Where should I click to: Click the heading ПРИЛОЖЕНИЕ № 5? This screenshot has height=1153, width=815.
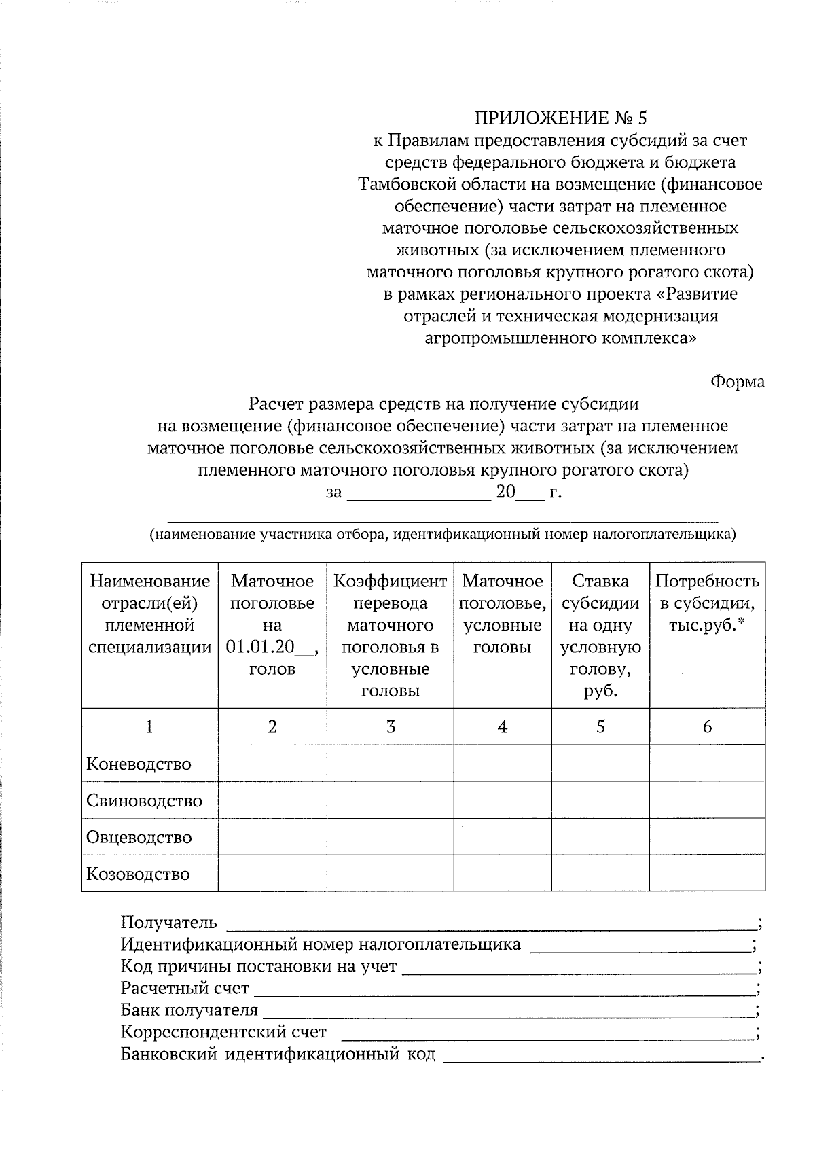click(x=560, y=118)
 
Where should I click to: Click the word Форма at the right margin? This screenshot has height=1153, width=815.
click(x=738, y=382)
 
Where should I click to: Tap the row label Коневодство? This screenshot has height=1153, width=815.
click(x=139, y=764)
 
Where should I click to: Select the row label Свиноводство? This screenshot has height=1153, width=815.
click(x=144, y=800)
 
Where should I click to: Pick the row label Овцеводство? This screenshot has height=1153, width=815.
click(x=139, y=837)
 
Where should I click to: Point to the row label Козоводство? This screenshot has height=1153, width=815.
click(x=138, y=874)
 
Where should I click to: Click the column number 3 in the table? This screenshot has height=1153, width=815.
click(x=391, y=727)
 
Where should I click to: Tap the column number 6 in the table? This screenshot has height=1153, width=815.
click(x=707, y=727)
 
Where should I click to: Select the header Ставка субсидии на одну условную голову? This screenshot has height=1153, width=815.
click(x=600, y=636)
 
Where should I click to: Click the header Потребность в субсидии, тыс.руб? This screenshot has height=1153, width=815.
click(x=707, y=603)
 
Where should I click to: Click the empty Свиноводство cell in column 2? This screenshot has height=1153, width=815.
click(x=272, y=800)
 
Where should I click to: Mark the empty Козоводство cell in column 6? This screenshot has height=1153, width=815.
click(x=707, y=874)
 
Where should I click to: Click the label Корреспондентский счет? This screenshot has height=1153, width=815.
click(x=223, y=1033)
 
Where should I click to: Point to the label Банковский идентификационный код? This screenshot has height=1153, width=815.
click(x=278, y=1054)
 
